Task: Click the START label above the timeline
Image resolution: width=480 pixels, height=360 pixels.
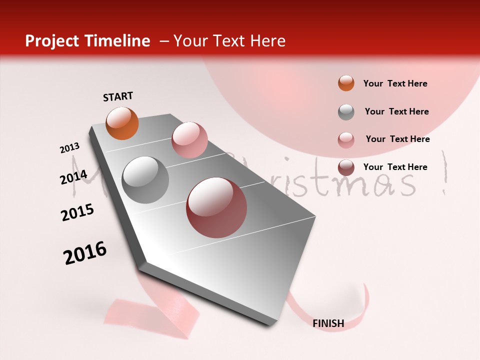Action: (x=118, y=96)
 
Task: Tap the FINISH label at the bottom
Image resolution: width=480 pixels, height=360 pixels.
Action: (x=328, y=323)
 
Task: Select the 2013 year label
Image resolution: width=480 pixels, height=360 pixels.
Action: (x=70, y=148)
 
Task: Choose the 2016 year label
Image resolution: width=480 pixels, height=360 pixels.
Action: (x=85, y=253)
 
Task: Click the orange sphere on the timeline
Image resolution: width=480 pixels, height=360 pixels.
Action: (x=122, y=123)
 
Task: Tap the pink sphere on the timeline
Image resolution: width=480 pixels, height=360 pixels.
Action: (x=189, y=139)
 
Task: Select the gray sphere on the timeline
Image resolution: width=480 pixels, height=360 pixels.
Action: (x=145, y=179)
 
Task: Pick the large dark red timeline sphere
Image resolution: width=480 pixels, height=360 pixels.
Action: (x=216, y=207)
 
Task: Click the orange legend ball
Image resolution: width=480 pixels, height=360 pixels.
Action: (x=346, y=83)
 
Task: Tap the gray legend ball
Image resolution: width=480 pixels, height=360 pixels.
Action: (x=346, y=112)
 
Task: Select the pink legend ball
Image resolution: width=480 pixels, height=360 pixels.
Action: (x=346, y=140)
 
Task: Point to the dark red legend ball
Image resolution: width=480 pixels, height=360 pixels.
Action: (x=346, y=168)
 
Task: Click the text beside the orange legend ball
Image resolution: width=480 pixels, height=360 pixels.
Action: (x=395, y=83)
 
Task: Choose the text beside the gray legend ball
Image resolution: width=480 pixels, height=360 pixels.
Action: (x=396, y=111)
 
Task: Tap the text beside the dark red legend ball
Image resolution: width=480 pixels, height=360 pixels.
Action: (x=395, y=167)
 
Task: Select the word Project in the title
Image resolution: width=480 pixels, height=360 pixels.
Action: (x=52, y=41)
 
